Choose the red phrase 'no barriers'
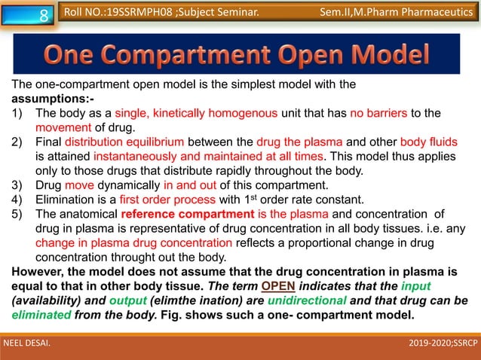pos(378,113)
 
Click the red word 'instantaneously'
pos(136,157)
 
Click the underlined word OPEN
pos(278,286)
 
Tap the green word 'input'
pos(416,286)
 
